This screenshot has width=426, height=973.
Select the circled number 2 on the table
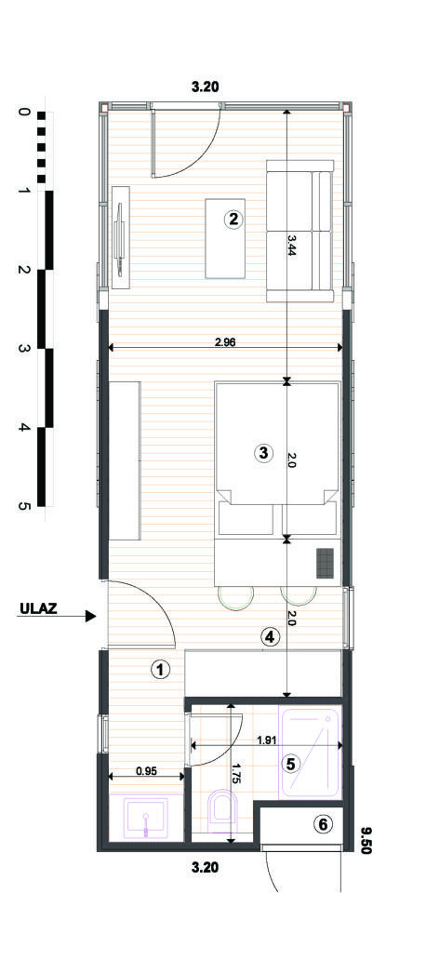tap(233, 220)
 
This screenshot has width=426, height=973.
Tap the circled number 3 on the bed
tap(263, 453)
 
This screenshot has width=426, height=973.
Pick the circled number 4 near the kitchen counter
tap(269, 637)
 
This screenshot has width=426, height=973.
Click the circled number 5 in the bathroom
tap(290, 763)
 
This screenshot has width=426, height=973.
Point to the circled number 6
tap(323, 823)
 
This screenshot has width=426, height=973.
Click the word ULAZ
tap(38, 610)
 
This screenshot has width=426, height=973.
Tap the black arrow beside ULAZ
tap(89, 615)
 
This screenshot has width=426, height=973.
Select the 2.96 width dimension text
tap(225, 341)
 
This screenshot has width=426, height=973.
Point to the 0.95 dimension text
tap(146, 770)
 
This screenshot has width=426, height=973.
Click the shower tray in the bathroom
tap(312, 753)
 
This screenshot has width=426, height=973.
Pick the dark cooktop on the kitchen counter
tap(325, 563)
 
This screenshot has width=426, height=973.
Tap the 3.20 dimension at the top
tap(205, 87)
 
